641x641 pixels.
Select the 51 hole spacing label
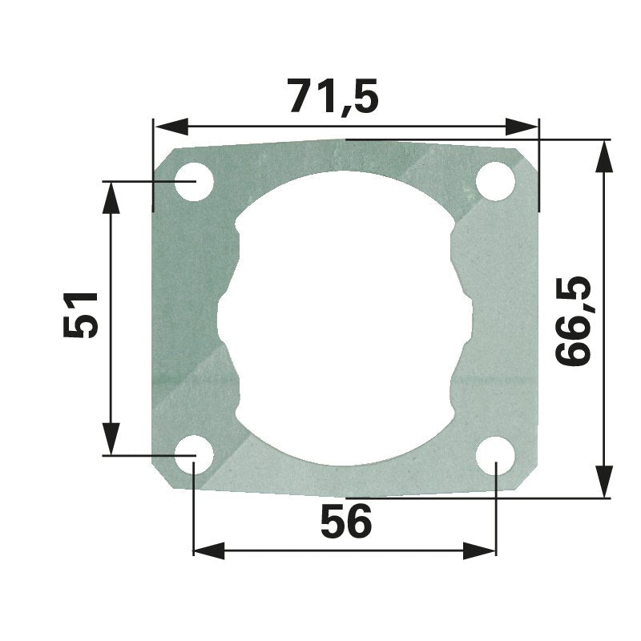(81, 314)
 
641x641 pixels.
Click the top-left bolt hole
(194, 182)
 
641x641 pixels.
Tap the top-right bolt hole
(495, 182)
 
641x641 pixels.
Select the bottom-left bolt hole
(194, 455)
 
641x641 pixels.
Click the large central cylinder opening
(345, 318)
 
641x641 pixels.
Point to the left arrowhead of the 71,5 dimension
(171, 127)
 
